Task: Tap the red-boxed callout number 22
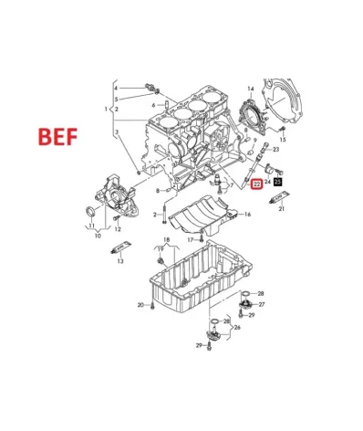pos(256,184)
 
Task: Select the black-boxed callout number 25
pos(278,184)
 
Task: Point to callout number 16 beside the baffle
pos(246,215)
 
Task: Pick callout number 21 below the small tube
pos(282,211)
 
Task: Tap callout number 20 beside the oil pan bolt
pos(140,304)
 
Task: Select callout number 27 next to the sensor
pos(262,304)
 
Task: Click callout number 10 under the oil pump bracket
pos(97,235)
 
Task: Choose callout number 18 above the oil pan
pos(166,238)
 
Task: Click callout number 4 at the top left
pos(116,87)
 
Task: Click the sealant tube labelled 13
pos(118,247)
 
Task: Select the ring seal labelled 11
pos(89,214)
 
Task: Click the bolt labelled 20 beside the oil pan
pos(153,304)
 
